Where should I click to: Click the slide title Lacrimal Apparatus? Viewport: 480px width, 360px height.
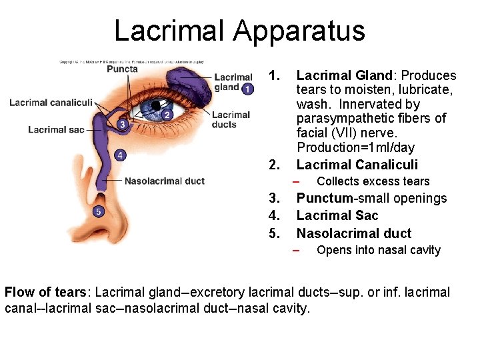pos(239,31)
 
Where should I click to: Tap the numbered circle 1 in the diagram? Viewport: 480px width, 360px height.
pos(247,89)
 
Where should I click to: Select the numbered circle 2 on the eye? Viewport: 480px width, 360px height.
pos(167,115)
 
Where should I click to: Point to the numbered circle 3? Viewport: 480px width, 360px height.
pos(121,124)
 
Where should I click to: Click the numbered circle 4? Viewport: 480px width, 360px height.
pos(119,155)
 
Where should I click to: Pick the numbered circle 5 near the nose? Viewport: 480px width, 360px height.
pos(98,211)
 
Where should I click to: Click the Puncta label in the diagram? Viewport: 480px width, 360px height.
pos(122,69)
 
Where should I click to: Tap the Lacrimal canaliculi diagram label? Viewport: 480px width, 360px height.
pos(51,102)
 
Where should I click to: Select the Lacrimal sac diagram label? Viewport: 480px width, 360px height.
pos(56,129)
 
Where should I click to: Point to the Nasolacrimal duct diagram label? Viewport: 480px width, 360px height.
pos(164,181)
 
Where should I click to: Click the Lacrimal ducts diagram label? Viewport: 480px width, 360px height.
pos(231,119)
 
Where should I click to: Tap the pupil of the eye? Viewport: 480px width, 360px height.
pos(157,106)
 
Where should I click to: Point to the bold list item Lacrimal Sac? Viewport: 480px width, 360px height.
pos(337,215)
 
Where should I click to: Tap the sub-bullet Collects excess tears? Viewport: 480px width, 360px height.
pos(373,181)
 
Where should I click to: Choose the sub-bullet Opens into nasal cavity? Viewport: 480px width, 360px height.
pos(378,250)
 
